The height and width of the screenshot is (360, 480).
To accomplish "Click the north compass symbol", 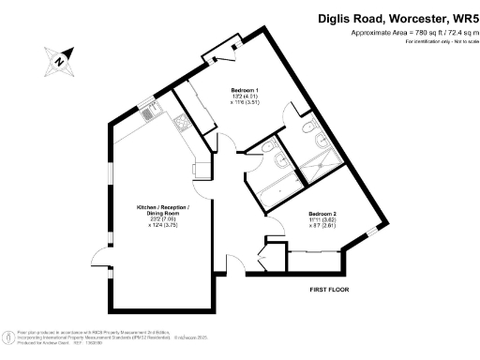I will coord(59,63).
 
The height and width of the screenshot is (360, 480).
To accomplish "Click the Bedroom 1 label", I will coord(246,90).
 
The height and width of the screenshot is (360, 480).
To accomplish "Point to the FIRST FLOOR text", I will coord(329,291).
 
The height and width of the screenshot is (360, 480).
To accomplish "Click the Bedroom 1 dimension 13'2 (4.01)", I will coord(245,97).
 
